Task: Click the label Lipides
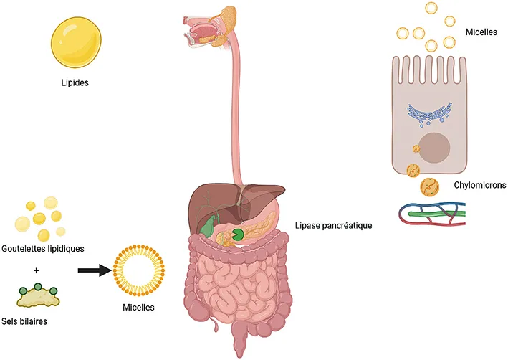coord(75,82)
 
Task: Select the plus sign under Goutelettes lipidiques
coord(37,271)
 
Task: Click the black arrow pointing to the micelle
coord(95,270)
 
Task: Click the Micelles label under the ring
coord(139,308)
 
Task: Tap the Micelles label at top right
coord(481,32)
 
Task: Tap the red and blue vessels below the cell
coord(434,213)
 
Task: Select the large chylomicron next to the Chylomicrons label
coord(429,186)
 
